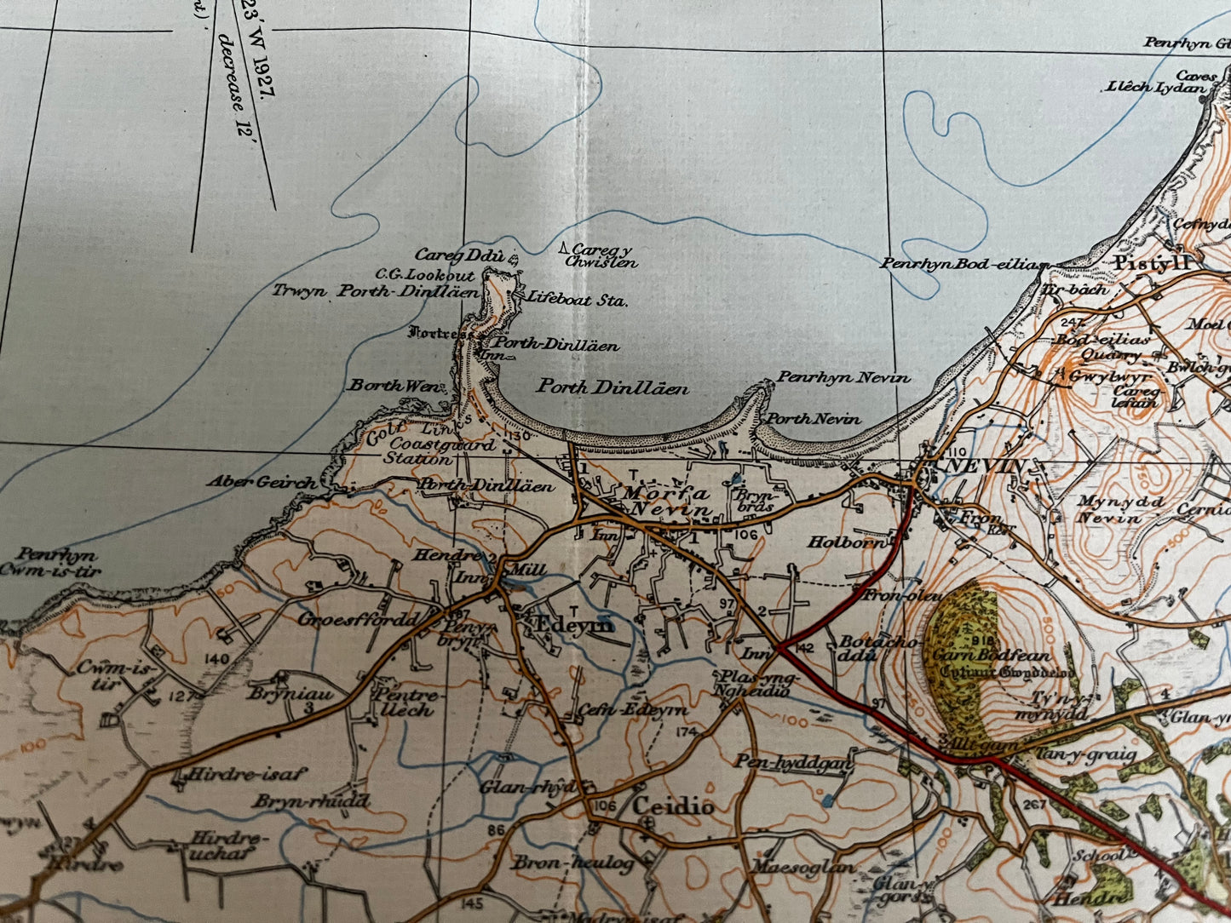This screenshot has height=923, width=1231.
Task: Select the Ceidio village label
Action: (671, 805)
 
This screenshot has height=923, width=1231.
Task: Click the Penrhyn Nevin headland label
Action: (843, 376)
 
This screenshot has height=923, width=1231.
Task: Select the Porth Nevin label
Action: (814, 418)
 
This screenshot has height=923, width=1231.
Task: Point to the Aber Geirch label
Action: (262, 482)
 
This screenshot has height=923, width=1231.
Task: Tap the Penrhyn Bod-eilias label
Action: (964, 264)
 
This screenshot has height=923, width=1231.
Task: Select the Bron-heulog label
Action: (572, 863)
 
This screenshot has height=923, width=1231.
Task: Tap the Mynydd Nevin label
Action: (1120, 509)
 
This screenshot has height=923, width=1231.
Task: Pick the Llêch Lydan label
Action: (1156, 87)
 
